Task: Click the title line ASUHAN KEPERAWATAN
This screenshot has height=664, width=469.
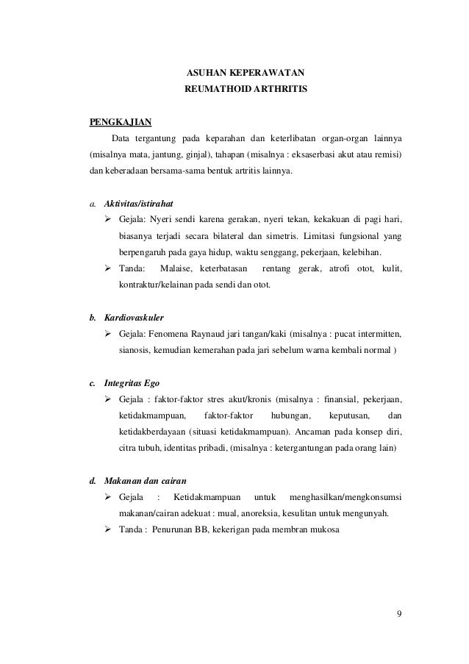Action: click(246, 74)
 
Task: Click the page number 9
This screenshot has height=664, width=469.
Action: click(398, 615)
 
